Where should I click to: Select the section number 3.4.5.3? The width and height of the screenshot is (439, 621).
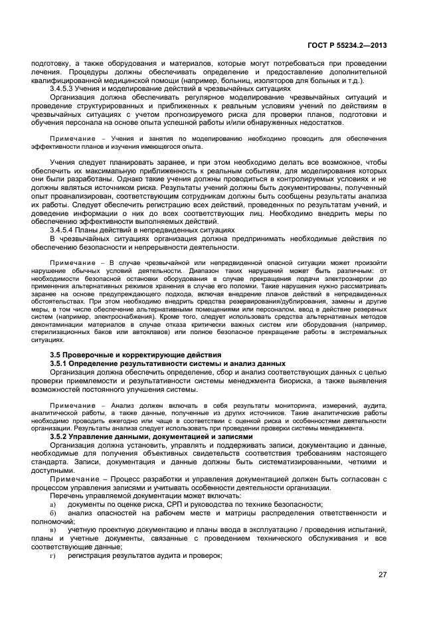tap(65, 88)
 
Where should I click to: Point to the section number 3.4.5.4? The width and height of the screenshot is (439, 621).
tap(65, 229)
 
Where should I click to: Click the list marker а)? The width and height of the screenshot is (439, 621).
tap(53, 505)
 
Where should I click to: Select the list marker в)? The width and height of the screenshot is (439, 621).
tap(53, 529)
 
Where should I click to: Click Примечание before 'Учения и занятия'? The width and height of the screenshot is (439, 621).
tap(70, 138)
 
